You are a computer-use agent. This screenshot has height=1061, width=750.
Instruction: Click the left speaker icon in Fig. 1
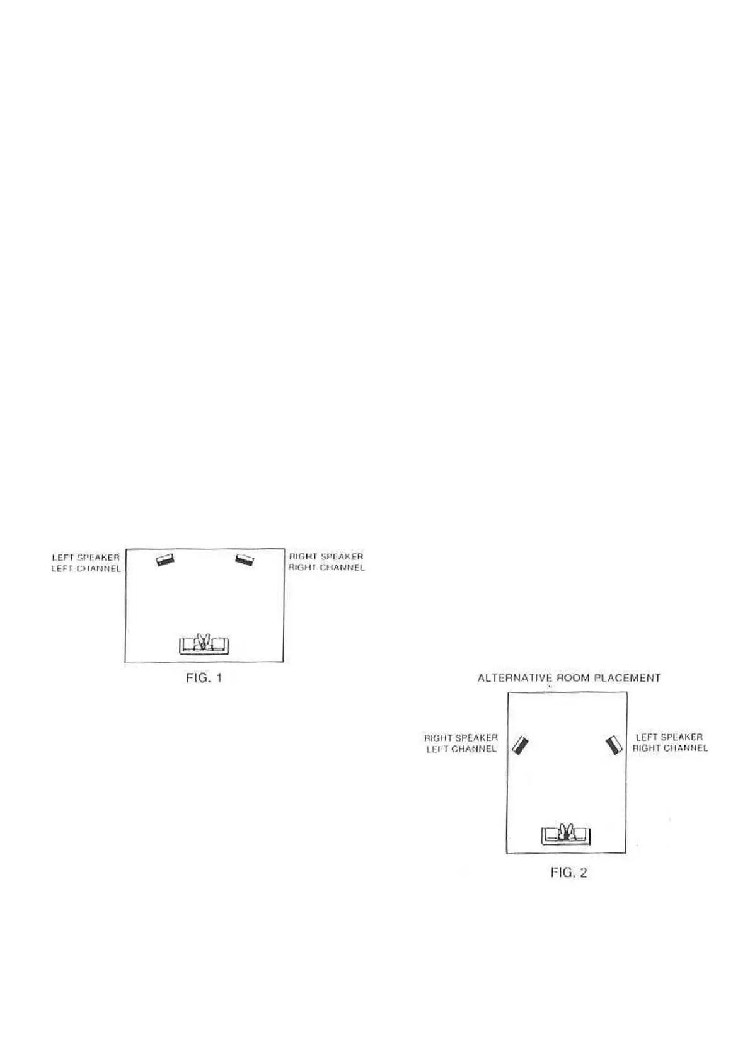[x=165, y=559]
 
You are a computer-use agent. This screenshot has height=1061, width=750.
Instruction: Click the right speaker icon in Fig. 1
[x=244, y=559]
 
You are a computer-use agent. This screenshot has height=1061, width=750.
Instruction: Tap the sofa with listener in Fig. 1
[x=204, y=643]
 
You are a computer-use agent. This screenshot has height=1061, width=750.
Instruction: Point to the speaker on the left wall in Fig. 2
[x=521, y=745]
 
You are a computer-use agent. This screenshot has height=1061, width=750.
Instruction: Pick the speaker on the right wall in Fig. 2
[x=614, y=745]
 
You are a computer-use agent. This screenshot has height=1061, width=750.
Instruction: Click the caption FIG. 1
[x=204, y=678]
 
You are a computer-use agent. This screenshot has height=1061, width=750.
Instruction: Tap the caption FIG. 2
[x=568, y=873]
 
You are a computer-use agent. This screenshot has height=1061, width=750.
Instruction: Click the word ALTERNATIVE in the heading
[x=514, y=678]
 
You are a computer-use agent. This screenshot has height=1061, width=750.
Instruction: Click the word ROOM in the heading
[x=572, y=678]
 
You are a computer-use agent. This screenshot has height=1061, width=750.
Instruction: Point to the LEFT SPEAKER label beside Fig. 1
[x=86, y=558]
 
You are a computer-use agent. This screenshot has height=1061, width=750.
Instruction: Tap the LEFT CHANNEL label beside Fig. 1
[x=86, y=568]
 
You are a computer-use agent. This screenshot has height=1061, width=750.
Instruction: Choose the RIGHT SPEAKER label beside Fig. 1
[x=326, y=556]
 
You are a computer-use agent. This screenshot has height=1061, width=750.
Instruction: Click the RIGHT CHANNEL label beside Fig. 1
[x=326, y=567]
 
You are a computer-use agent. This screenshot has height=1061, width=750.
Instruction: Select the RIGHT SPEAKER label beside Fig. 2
[x=461, y=737]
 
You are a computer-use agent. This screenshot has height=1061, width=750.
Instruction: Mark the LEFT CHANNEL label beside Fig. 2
[x=461, y=748]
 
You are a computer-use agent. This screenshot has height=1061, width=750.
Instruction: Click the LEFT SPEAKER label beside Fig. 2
[x=669, y=737]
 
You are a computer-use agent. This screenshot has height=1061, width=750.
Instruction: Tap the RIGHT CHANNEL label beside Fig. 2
[x=670, y=748]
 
